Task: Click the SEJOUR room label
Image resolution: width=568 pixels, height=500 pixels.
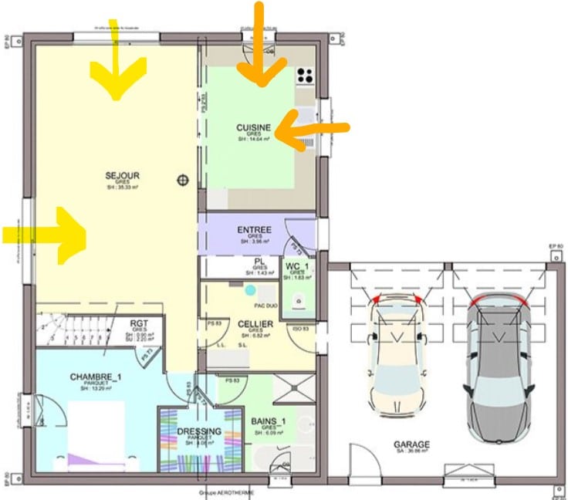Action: point(121,176)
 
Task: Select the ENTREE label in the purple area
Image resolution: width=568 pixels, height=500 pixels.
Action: point(254,230)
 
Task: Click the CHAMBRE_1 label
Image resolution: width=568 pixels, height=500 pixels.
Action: point(96,377)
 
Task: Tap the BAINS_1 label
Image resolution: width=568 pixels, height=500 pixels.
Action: point(269,421)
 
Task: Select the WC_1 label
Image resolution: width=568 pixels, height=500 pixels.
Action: point(297,267)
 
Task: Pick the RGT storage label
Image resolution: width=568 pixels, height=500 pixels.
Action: point(139,324)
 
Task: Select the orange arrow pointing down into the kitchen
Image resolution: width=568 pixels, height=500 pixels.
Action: point(260,50)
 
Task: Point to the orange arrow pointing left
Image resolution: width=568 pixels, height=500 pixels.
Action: point(309,125)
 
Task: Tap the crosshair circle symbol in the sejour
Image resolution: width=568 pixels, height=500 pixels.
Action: point(183,180)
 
